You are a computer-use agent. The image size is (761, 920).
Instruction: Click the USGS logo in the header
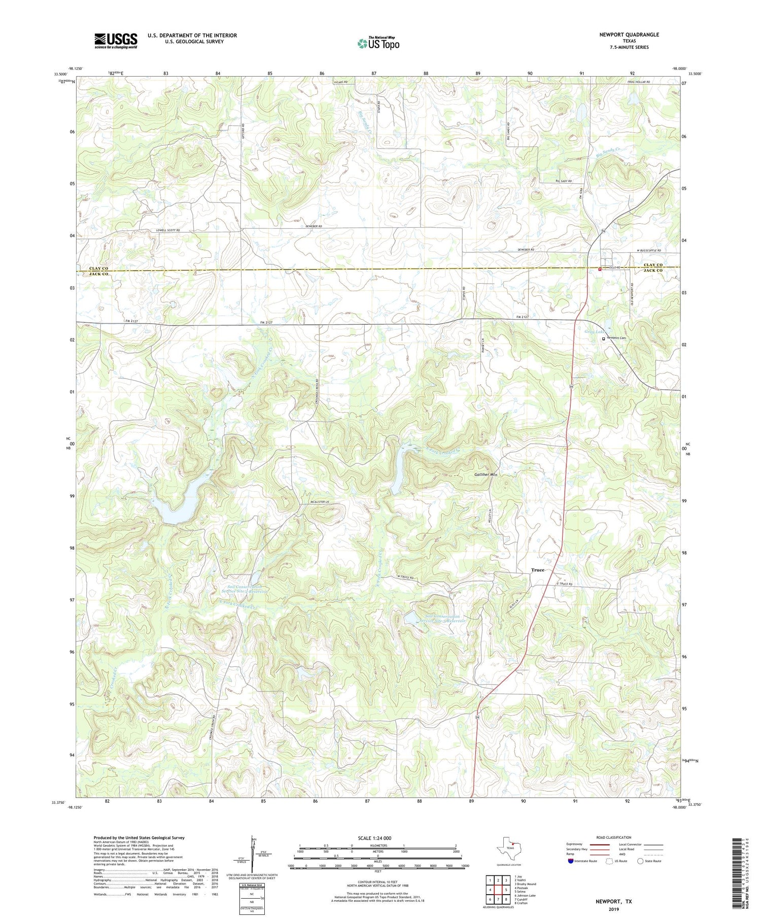point(116,41)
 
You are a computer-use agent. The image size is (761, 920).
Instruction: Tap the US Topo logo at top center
point(378,44)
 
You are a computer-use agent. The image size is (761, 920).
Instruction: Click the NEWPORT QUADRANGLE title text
point(629,35)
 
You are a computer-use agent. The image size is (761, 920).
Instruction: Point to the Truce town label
point(537,570)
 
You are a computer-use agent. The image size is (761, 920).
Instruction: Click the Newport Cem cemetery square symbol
point(603,338)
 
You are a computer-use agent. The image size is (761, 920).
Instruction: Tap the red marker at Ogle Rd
point(599,269)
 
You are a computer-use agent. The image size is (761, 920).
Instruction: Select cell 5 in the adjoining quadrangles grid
point(506,889)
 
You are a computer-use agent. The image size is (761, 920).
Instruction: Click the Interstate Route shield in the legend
point(571,861)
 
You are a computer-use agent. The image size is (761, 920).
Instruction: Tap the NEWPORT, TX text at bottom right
point(614,901)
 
